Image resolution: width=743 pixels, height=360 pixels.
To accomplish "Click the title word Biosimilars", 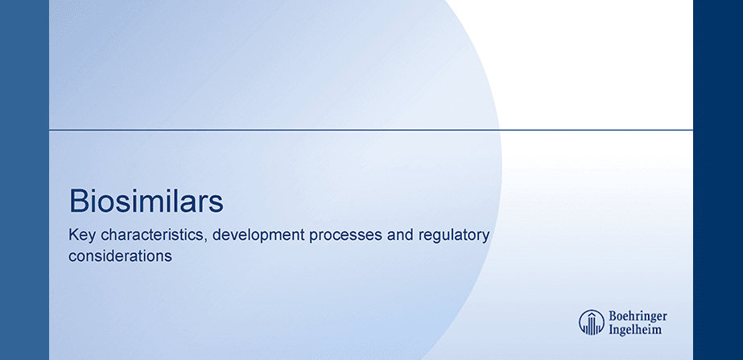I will coord(146,201).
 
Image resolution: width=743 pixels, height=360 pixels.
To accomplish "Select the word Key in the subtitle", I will coord(81,236).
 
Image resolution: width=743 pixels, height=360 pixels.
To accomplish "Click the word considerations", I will coord(121,257).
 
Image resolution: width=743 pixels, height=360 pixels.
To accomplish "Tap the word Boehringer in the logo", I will coord(637,315).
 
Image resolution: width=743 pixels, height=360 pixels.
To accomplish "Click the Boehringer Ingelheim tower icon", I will coord(592,321).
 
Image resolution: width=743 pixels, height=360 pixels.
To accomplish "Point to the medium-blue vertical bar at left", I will coord(24,180).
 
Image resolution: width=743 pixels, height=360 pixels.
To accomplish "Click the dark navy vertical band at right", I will coord(717,180).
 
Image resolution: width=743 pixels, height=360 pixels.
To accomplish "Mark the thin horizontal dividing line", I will coord(370,129).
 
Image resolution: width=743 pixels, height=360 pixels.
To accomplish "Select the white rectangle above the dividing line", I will coord(596,64).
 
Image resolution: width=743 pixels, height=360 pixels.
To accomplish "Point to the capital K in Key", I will coord(73,236).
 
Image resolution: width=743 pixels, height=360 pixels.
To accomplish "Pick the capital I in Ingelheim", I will coord(612,329).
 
